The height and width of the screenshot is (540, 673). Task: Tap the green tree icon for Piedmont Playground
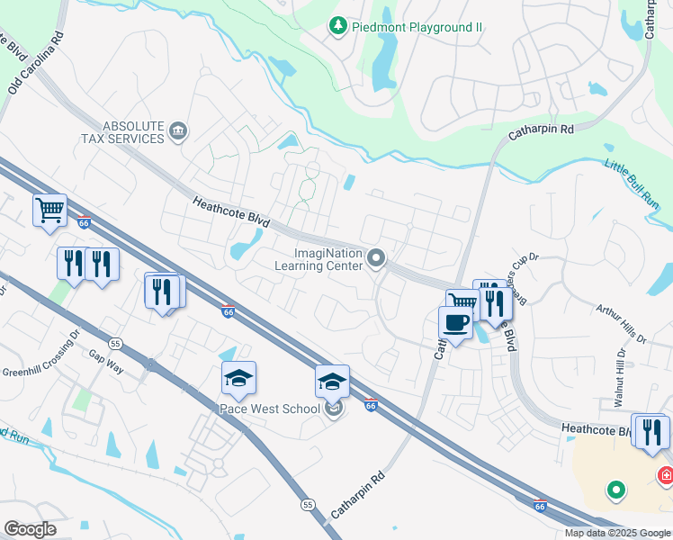(338, 26)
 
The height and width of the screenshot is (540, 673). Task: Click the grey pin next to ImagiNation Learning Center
(376, 259)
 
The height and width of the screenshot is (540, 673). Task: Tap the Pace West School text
(271, 409)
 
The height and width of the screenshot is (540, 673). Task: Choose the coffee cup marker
(455, 321)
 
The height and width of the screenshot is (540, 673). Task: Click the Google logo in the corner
(31, 529)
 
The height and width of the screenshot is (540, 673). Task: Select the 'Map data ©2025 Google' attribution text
(617, 533)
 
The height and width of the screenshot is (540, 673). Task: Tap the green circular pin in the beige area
(615, 490)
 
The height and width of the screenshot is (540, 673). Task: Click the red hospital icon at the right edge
(667, 474)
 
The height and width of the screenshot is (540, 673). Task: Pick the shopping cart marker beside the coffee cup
(462, 302)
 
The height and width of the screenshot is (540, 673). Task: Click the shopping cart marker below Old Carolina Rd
(49, 210)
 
